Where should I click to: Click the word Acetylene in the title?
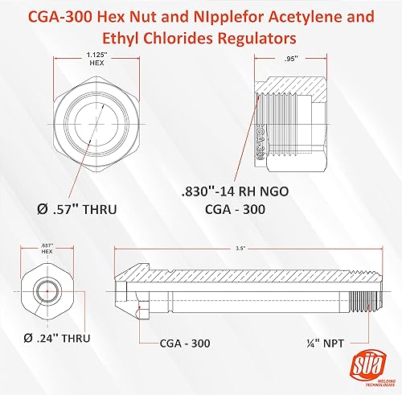(x=310, y=15)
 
